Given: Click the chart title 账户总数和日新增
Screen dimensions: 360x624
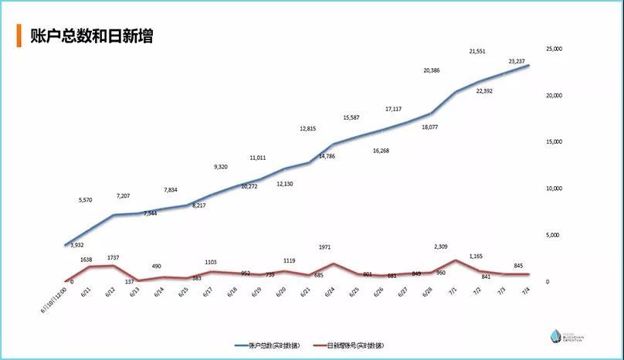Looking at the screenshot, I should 91,36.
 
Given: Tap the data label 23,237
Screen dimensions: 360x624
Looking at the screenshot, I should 522,61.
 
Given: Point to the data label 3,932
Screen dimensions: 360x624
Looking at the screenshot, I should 76,245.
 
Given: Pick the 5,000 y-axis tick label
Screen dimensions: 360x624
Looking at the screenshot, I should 555,235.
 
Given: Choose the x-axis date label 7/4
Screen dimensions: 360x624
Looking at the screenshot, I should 526,291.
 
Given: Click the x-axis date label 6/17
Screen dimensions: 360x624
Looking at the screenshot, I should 208,292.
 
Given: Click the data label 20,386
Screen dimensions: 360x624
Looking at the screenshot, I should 432,70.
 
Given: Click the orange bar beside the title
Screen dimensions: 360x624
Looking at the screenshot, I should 19,36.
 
